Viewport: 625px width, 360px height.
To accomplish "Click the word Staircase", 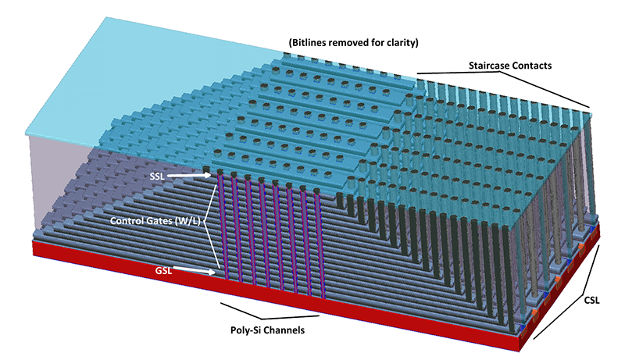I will pos(491,66).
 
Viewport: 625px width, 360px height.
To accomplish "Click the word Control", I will pos(129,221).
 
